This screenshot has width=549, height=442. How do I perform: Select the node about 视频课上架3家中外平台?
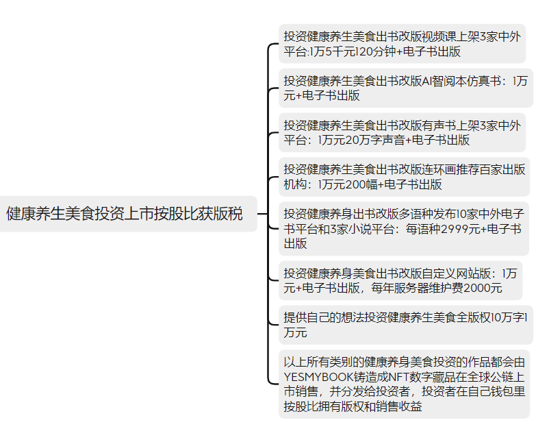pos(402,44)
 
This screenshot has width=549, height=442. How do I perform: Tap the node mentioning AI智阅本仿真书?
pos(406,88)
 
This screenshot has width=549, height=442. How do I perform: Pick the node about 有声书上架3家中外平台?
pos(402,132)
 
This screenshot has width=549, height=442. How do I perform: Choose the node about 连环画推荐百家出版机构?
pos(404,177)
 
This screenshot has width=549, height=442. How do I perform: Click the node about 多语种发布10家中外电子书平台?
pos(404,228)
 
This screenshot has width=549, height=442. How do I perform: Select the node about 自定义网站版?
pos(400,280)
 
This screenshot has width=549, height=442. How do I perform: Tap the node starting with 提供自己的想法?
pos(406,325)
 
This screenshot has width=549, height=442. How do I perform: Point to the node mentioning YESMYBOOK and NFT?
pos(404,384)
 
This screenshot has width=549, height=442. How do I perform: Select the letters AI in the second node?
pos(427,81)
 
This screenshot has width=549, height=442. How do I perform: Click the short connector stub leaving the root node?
pos(263,214)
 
